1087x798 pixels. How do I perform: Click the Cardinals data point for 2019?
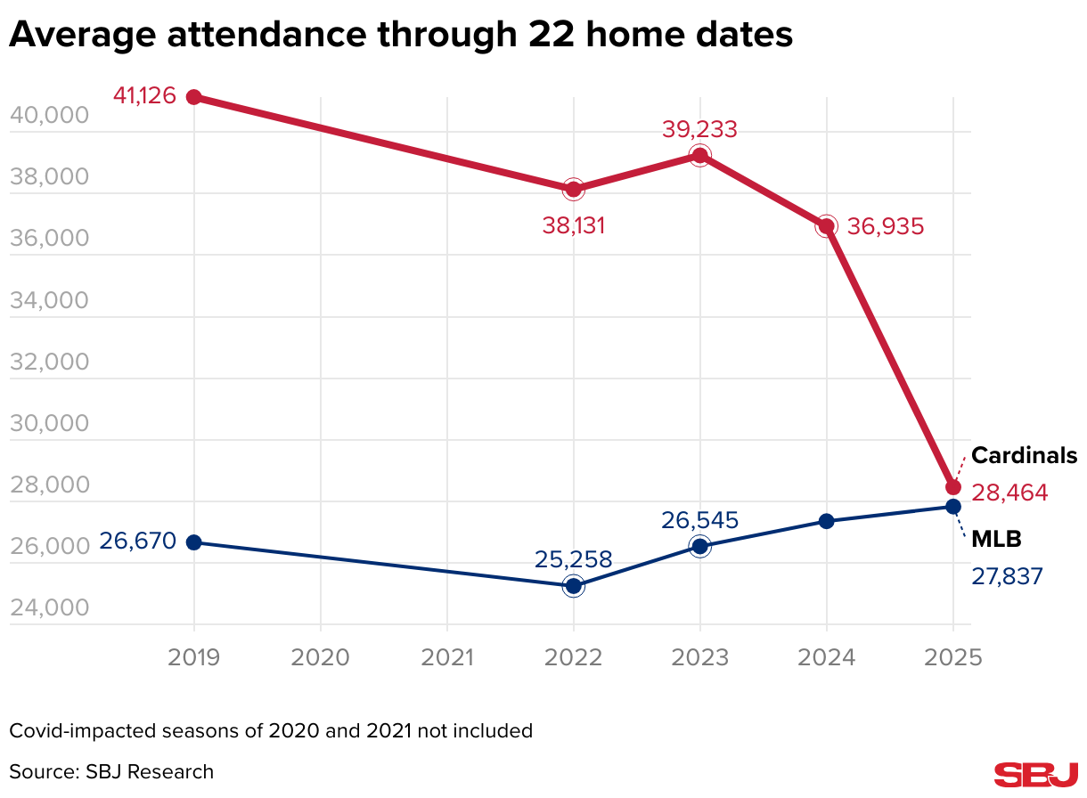tap(193, 96)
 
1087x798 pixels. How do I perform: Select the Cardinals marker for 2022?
tap(573, 189)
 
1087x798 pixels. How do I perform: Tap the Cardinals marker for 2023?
tap(699, 156)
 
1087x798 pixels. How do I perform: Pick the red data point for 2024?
tap(827, 226)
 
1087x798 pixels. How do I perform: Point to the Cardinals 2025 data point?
tap(953, 487)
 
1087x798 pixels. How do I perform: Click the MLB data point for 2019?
tap(193, 542)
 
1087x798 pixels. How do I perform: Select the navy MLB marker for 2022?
tap(573, 585)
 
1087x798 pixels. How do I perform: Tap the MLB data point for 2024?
tap(827, 521)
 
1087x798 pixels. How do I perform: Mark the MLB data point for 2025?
tap(953, 507)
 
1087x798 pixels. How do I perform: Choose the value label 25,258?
tap(574, 559)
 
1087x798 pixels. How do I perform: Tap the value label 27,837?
tap(1007, 577)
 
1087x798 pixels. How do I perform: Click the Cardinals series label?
tap(1024, 456)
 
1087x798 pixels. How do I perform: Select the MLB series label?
tap(996, 539)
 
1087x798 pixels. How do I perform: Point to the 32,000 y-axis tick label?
tap(48, 362)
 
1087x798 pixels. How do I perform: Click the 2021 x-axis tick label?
tap(446, 657)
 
